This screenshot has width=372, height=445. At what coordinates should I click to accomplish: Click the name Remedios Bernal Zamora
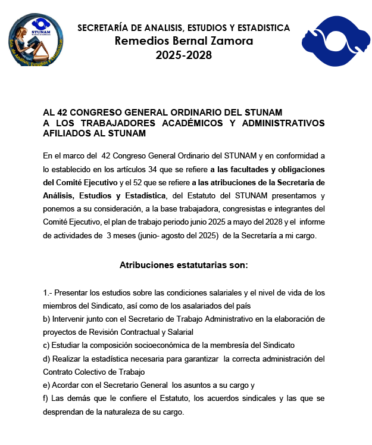coord(184,41)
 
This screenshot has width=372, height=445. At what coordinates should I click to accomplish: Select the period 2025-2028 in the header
coord(184,55)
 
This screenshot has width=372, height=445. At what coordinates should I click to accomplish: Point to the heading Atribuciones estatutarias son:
coord(184,264)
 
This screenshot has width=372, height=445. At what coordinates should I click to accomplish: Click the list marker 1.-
coord(49,292)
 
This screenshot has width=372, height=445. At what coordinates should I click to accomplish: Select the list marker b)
coord(47,319)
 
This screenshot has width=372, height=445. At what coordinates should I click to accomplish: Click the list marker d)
coord(47,359)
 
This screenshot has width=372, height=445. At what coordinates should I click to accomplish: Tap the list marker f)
coord(46,399)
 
